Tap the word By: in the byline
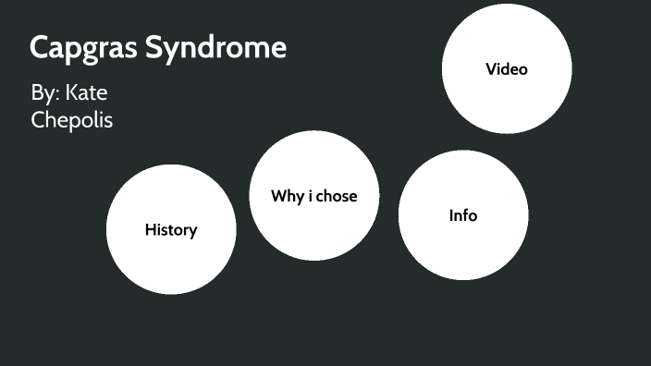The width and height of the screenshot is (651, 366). pyautogui.click(x=44, y=93)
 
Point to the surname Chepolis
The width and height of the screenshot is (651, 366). pyautogui.click(x=72, y=119)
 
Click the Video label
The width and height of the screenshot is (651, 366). pyautogui.click(x=507, y=68)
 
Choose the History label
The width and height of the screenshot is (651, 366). pyautogui.click(x=171, y=230)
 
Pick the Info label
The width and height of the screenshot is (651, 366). pyautogui.click(x=463, y=215)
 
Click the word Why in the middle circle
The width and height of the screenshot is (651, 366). pyautogui.click(x=286, y=196)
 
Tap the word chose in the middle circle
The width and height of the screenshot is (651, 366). pyautogui.click(x=337, y=196)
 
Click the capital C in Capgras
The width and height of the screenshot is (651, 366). pyautogui.click(x=40, y=48)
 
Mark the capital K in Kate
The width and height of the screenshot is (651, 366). pyautogui.click(x=71, y=93)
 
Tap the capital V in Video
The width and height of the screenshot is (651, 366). pyautogui.click(x=491, y=68)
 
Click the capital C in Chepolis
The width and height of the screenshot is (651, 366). pyautogui.click(x=38, y=119)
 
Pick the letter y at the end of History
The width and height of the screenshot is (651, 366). pyautogui.click(x=193, y=232)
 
